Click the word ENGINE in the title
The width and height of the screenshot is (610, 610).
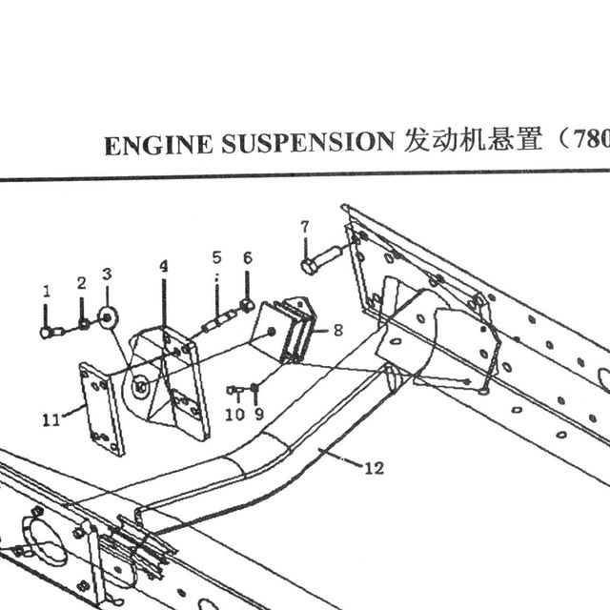pos(158,145)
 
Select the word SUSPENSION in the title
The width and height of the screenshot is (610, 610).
pos(308,142)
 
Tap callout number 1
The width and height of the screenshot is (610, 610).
pos(47,291)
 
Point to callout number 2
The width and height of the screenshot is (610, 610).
pos(81,283)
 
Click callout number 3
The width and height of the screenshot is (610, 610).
pos(107,274)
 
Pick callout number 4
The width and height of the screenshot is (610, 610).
pos(164,267)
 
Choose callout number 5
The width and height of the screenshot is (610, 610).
pos(216,257)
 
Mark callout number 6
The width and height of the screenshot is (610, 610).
pos(248,258)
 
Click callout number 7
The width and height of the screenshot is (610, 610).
pos(305,227)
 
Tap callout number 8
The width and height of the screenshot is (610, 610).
pos(338,331)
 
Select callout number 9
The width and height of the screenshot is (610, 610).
pos(259,414)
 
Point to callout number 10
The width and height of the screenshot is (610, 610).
pos(235,415)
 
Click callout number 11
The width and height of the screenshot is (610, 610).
pos(51,420)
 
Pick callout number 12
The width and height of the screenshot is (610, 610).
pos(375,468)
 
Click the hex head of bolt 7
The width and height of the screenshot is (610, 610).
pos(309,267)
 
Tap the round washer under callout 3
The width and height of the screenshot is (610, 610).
pos(108,318)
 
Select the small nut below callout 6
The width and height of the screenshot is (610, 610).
pos(248,306)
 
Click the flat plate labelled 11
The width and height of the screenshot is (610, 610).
pos(102,409)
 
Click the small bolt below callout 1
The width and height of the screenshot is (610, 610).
pos(51,333)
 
